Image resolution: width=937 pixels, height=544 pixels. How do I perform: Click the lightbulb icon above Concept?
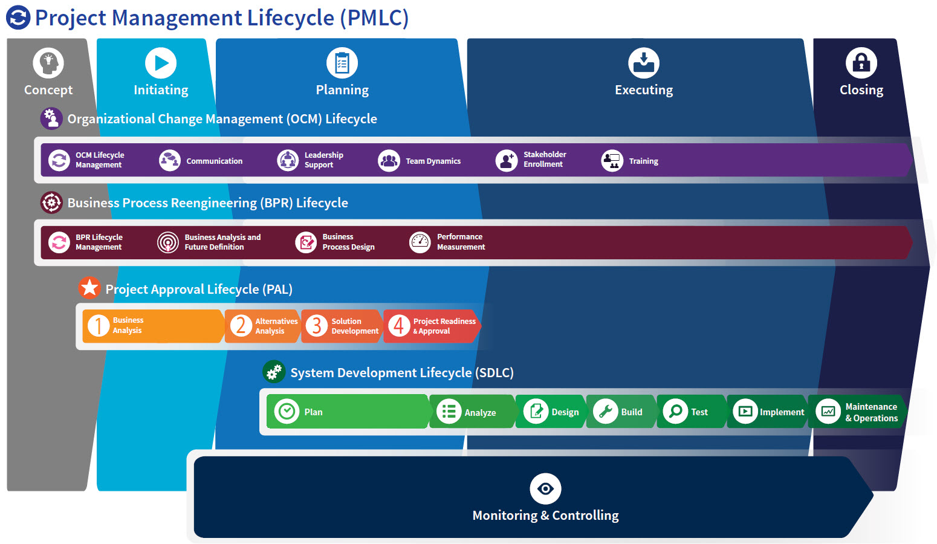[48, 63]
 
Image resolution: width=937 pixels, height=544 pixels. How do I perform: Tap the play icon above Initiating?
[161, 63]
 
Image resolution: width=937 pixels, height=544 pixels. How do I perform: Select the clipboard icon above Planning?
[342, 63]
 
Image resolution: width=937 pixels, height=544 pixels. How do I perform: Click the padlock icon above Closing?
[861, 63]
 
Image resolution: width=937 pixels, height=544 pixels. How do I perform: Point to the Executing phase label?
[644, 90]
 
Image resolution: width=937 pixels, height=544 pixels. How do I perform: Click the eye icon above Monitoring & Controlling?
[545, 488]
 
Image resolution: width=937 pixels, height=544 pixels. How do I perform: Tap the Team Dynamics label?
[433, 161]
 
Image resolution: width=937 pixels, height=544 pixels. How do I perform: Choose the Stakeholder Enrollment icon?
[507, 160]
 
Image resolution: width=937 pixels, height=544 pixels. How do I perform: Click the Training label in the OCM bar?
[643, 161]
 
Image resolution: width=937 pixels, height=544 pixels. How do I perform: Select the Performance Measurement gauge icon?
[420, 242]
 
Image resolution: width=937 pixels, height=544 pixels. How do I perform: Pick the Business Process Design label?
[348, 242]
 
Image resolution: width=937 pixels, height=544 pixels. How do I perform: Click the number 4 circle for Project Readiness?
[398, 326]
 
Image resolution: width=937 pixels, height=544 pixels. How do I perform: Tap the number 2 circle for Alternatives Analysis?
[241, 326]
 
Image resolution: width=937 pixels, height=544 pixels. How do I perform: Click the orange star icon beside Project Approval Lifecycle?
[89, 288]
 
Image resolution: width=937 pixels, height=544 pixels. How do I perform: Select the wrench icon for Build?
[605, 412]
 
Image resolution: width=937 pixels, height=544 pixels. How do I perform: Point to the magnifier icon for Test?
[675, 412]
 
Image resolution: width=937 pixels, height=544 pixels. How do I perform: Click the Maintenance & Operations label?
[871, 412]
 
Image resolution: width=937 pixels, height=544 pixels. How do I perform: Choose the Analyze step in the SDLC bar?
[480, 413]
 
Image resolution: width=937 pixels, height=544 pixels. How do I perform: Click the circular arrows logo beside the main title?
[18, 18]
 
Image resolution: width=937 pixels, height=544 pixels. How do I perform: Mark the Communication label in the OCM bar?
[214, 161]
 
